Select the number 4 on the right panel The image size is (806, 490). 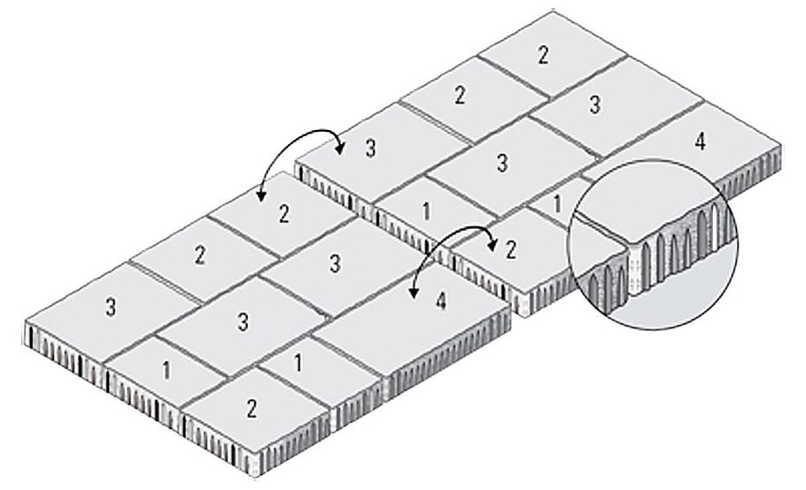point(700,142)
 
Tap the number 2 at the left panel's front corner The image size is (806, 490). point(252,409)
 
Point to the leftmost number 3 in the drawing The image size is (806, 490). point(111,309)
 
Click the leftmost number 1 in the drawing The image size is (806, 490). point(166,371)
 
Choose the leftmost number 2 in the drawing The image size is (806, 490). point(199,255)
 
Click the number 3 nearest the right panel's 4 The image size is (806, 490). point(594,105)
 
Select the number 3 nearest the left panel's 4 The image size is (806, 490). point(335,264)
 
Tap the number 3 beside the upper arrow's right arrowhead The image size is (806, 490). point(370,148)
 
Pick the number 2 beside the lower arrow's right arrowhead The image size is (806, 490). point(510,250)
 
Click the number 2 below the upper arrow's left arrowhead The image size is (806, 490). point(283,214)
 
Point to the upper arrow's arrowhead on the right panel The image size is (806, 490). point(340,149)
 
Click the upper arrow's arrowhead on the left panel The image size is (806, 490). point(261,196)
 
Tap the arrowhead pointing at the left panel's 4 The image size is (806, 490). point(413,293)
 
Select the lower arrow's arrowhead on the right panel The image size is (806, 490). point(492,246)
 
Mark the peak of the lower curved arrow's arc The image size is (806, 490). point(461,226)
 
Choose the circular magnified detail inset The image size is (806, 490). point(652,245)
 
